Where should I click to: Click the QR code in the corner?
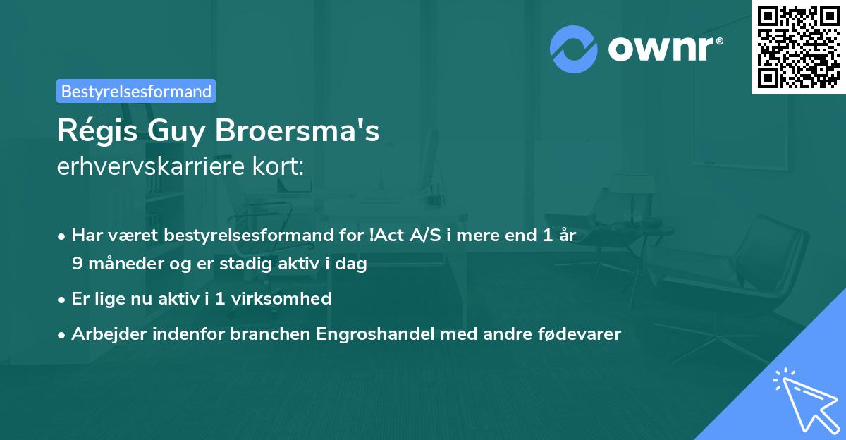click(798, 47)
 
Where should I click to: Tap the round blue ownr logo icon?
click(574, 49)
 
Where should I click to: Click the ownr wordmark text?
click(663, 49)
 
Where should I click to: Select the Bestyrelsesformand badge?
click(136, 91)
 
